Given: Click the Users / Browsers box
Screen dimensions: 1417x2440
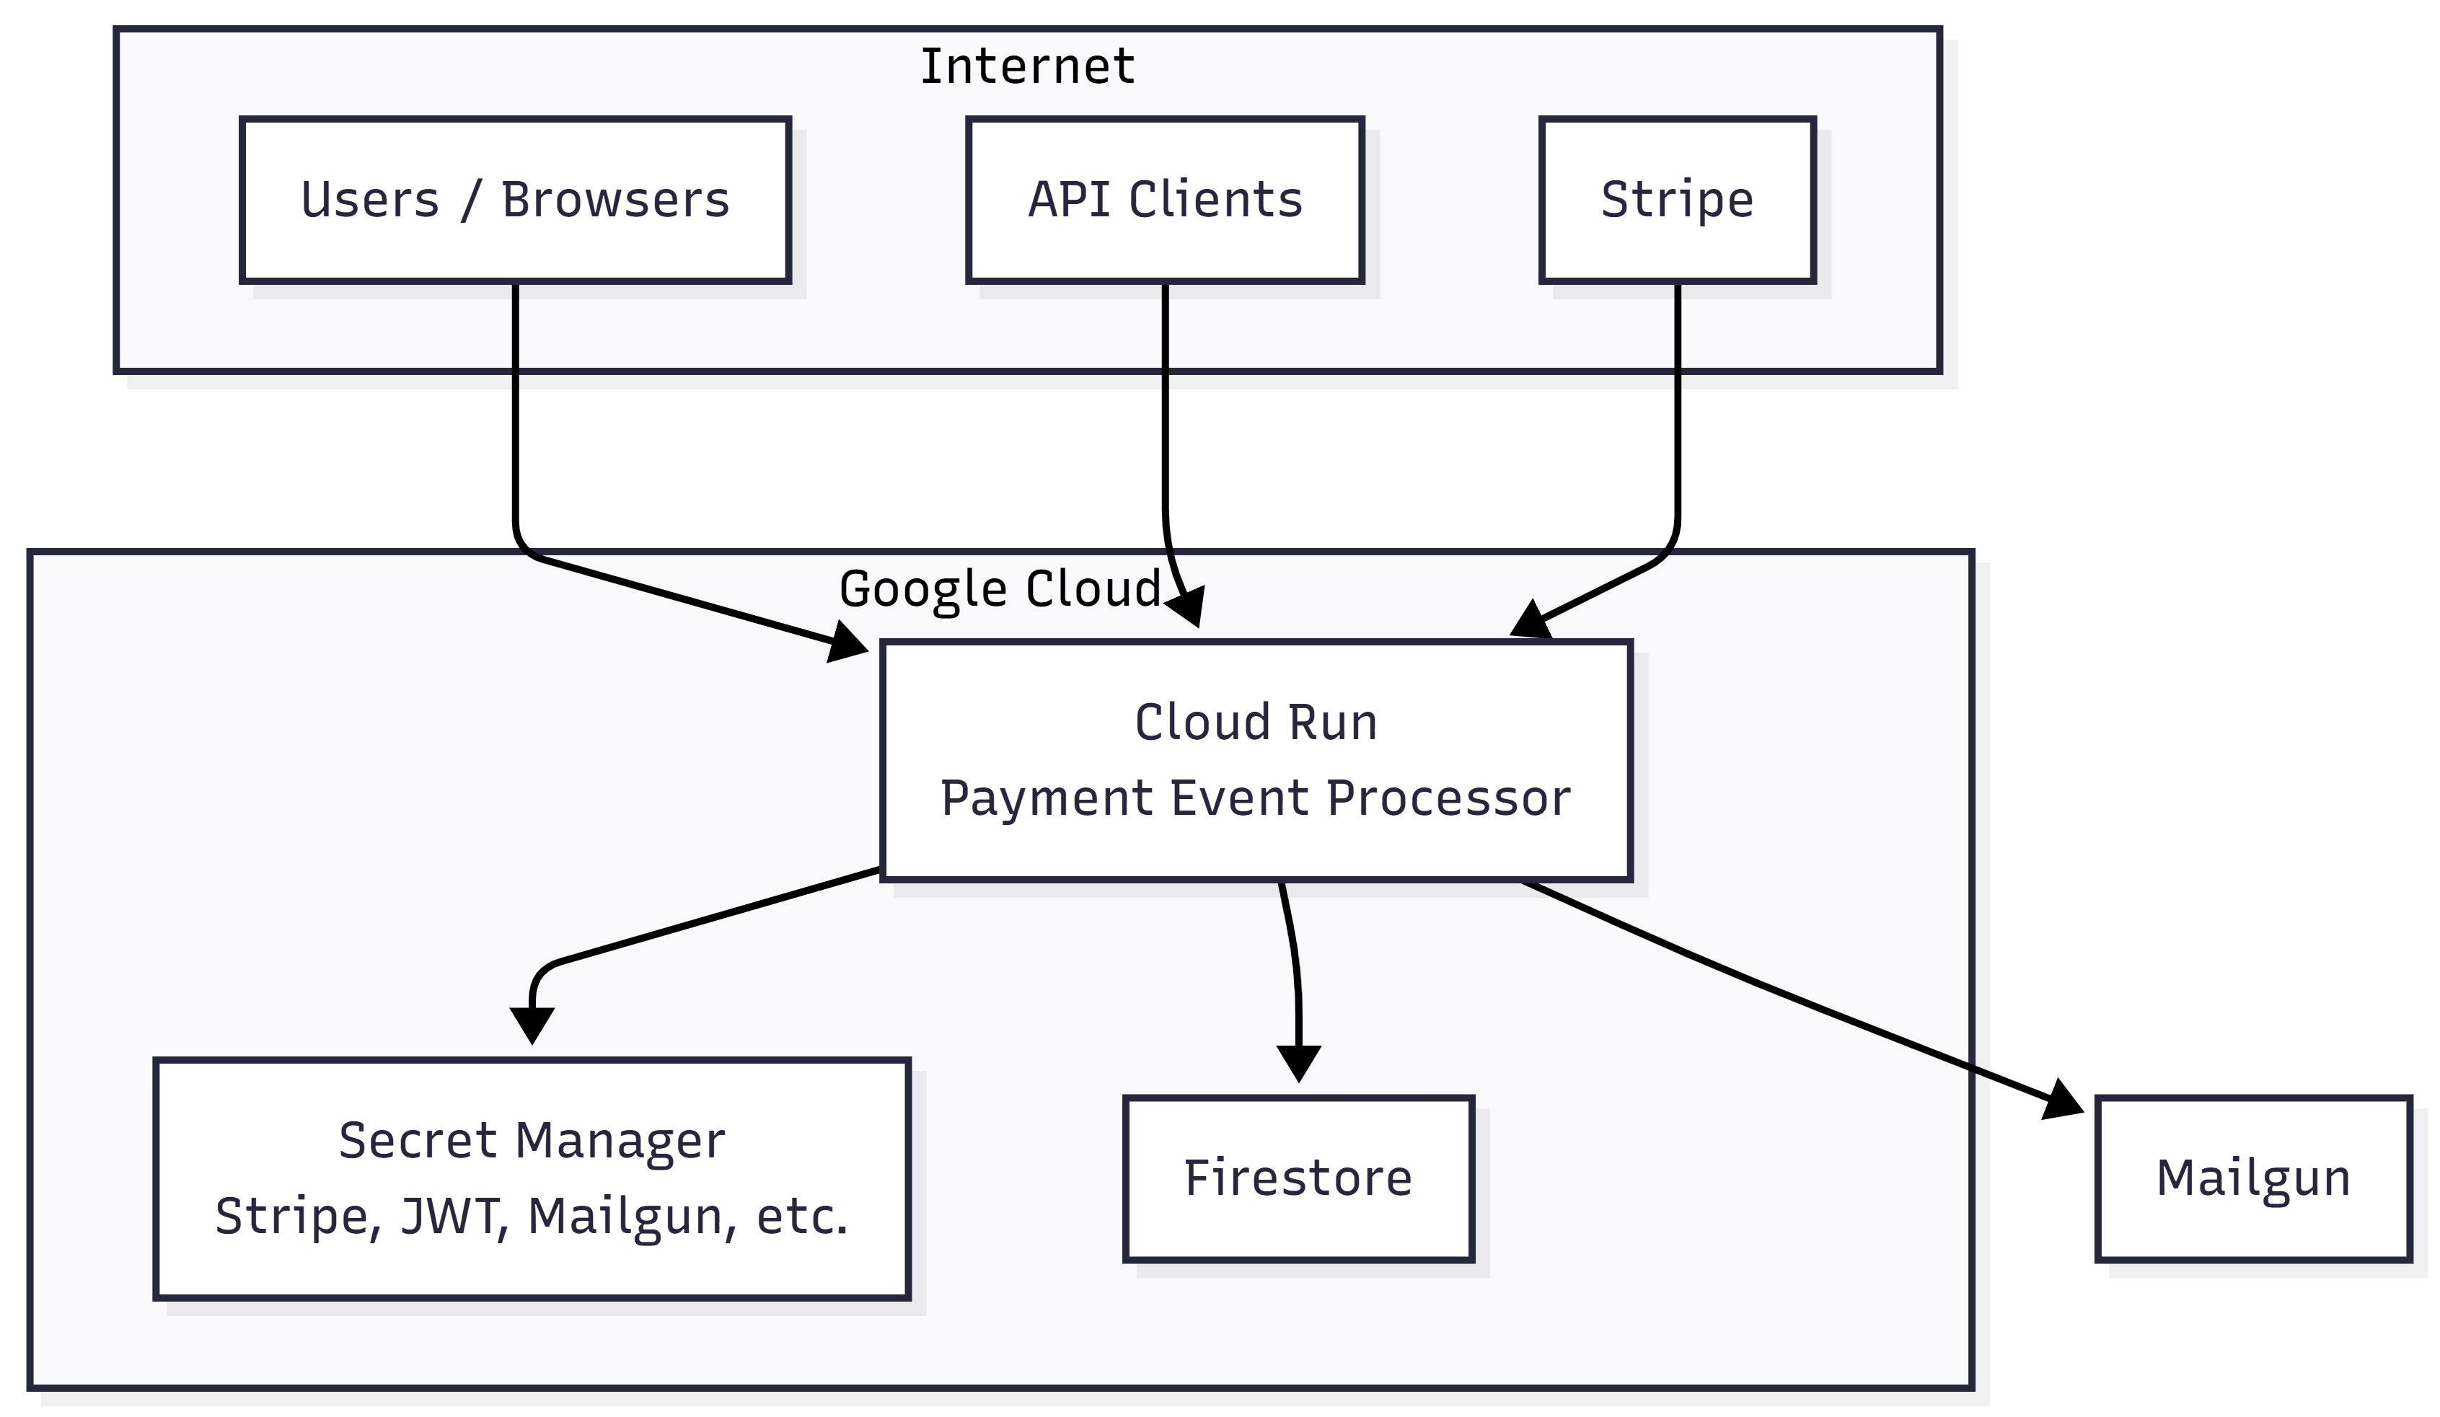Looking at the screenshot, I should [515, 200].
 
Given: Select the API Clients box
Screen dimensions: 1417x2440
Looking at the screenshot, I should [1165, 200].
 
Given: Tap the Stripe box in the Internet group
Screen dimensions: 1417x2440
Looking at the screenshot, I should [1677, 200].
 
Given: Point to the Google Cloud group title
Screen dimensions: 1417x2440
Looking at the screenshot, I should [999, 588].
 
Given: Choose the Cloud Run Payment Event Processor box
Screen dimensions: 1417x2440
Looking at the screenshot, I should [1256, 760].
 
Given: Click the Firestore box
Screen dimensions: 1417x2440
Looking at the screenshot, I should [1298, 1178].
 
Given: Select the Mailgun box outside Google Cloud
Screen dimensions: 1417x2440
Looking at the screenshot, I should [2253, 1178].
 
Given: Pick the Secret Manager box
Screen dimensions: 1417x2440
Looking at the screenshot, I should [532, 1178].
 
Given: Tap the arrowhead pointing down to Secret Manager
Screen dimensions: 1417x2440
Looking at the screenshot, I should [532, 1024].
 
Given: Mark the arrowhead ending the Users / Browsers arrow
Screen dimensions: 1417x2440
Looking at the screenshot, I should [848, 645].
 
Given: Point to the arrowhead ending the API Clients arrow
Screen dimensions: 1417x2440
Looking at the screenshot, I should [1187, 607].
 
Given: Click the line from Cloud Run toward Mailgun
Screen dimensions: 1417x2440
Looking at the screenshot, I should [1743, 978].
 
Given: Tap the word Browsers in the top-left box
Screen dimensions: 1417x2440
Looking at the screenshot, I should [615, 200].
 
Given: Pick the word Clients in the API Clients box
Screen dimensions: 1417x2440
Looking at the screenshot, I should [1215, 200].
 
